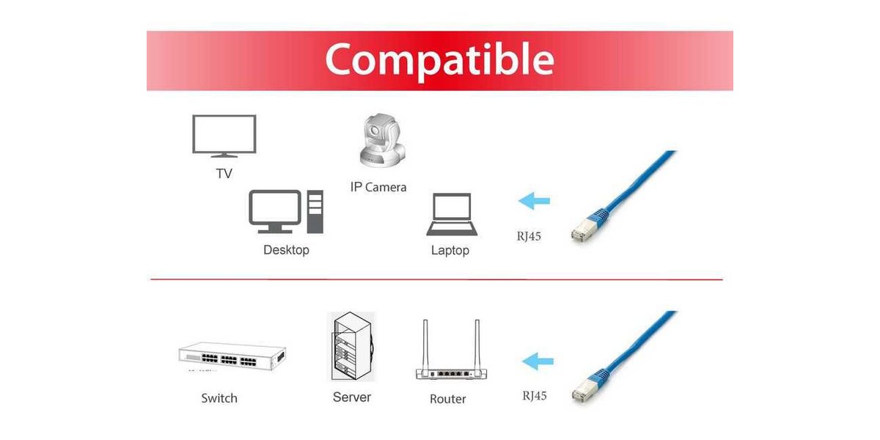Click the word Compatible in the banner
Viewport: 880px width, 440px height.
pyautogui.click(x=439, y=59)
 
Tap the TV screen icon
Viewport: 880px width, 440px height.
pyautogui.click(x=224, y=135)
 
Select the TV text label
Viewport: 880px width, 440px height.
pyautogui.click(x=224, y=174)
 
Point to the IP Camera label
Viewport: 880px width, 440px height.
pyautogui.click(x=378, y=187)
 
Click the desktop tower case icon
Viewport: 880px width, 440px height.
pyautogui.click(x=315, y=211)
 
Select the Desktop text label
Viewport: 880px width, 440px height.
pyautogui.click(x=286, y=250)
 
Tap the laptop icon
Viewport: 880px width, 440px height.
pyautogui.click(x=452, y=215)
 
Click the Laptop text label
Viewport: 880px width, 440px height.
pyautogui.click(x=450, y=251)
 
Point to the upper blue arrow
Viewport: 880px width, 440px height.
pyautogui.click(x=534, y=200)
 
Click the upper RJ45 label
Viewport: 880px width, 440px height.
pyautogui.click(x=529, y=236)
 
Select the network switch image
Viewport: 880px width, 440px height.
pyautogui.click(x=232, y=358)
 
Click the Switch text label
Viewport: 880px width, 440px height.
pyautogui.click(x=219, y=398)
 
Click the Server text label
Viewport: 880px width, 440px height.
pyautogui.click(x=351, y=397)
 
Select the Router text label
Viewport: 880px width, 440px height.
pyautogui.click(x=448, y=399)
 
